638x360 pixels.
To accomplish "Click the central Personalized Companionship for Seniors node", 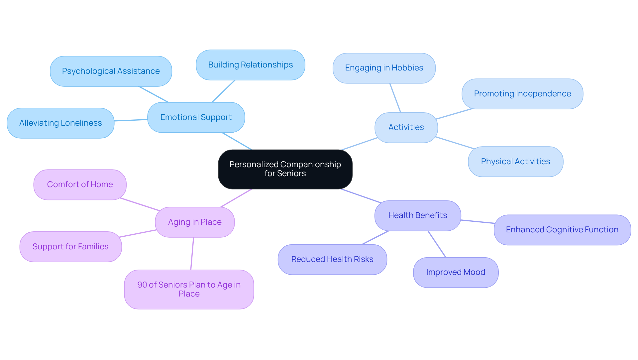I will coord(285,169).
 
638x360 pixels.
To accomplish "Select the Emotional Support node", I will coord(196,117).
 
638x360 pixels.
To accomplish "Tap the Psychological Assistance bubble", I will coord(111,71).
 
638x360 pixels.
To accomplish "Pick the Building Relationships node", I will coord(250,65).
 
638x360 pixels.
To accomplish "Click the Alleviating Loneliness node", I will coord(60,123).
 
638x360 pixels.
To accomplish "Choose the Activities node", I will coord(406,127).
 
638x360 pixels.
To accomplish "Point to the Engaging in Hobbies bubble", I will coord(384,68).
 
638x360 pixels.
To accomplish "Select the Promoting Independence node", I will coord(522,94).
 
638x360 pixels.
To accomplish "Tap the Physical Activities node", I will coord(515,162).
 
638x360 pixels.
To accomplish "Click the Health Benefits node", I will coord(417,215).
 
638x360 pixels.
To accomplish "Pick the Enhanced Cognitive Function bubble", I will coord(562,230).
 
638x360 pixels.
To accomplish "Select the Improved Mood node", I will coord(456,272).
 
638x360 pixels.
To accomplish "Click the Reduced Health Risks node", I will coord(332,259).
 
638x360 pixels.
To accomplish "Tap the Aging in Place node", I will coord(195,222).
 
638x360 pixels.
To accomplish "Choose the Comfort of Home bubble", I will coord(80,184).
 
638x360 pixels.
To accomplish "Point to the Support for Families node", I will coord(70,247).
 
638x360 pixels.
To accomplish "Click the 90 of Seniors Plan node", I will coord(189,289).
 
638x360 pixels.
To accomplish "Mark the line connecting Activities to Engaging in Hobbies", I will coord(395,98).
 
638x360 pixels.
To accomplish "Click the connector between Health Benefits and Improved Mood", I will coord(437,244).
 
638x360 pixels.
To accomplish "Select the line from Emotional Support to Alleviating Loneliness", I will coord(131,120).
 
